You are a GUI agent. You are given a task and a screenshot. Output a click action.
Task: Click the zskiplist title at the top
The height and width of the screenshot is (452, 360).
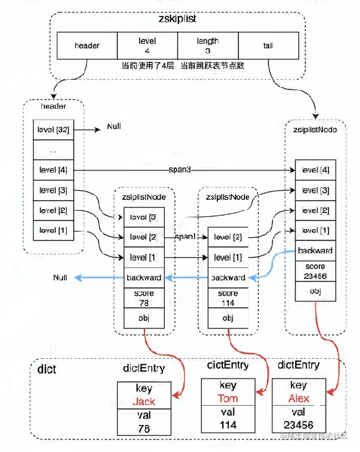coord(178,19)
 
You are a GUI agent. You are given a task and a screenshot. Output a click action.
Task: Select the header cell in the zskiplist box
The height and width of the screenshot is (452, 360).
coord(86,46)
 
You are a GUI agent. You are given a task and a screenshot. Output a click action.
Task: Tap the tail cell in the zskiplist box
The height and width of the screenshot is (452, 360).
coord(269,46)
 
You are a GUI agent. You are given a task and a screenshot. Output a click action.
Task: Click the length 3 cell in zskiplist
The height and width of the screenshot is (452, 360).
coord(207,46)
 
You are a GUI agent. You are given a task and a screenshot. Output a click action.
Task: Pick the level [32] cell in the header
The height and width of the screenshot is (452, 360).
coord(53,129)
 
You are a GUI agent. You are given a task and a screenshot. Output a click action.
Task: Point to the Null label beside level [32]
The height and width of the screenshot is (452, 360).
coord(114,126)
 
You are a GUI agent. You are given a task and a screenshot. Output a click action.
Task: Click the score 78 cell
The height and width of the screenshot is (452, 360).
coord(143,297)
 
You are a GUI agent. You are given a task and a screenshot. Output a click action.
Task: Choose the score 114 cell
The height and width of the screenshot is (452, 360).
coord(227,297)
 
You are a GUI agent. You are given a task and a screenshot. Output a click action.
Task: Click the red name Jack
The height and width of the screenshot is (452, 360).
coord(143,402)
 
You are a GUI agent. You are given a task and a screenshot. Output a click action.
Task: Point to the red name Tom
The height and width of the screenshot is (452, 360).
coord(227,398)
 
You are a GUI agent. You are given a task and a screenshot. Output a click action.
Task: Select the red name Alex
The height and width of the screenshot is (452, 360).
coord(299,398)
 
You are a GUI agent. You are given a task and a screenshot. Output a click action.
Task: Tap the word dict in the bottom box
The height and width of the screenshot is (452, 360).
coord(47,370)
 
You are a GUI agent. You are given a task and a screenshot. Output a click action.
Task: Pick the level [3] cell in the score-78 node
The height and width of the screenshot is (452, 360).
coord(143,217)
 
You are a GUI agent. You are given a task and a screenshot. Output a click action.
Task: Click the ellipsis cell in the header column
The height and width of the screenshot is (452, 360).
coord(53,149)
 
